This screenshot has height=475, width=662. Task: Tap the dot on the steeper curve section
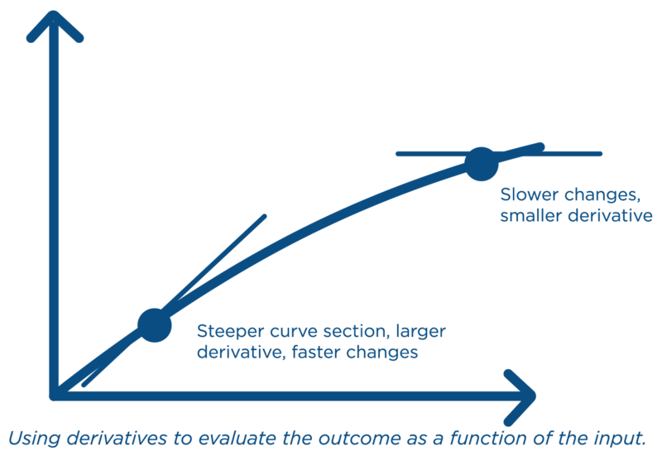pos(153,324)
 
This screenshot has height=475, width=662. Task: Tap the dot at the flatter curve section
pos(481,163)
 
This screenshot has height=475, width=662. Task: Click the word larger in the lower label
pos(420,332)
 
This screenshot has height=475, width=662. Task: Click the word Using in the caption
pos(31,438)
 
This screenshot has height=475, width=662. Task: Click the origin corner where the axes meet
pos(55,395)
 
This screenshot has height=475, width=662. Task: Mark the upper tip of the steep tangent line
pos(265,217)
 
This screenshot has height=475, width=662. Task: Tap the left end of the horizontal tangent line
pos(398,154)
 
